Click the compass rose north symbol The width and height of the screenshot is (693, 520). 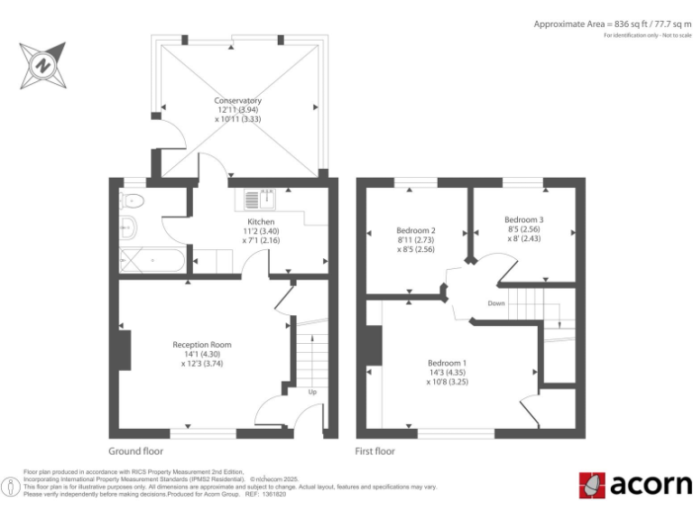click(42, 65)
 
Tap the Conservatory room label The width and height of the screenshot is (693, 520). click(238, 100)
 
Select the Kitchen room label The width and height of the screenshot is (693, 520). click(261, 221)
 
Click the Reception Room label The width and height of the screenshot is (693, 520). click(202, 344)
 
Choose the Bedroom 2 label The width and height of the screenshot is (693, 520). click(416, 229)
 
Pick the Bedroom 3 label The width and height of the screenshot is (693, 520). click(523, 219)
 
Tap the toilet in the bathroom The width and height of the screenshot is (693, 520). click(131, 226)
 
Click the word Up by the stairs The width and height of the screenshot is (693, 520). click(312, 393)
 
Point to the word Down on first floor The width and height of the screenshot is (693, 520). click(496, 303)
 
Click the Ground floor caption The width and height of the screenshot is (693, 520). click(135, 451)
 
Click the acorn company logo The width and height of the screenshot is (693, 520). click(634, 485)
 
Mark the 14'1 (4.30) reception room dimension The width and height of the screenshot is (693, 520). click(202, 355)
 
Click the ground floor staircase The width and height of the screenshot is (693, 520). click(311, 357)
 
